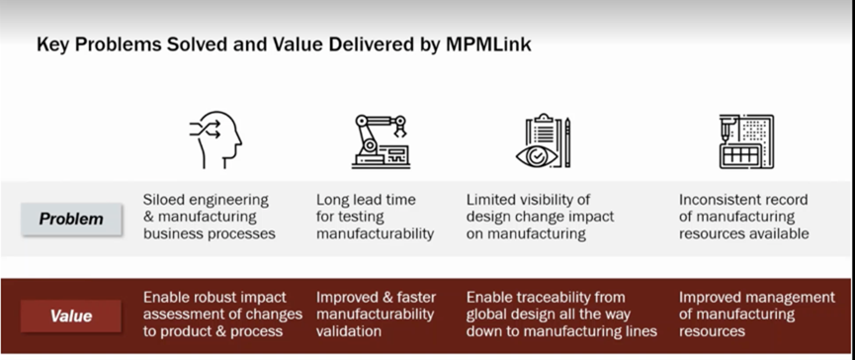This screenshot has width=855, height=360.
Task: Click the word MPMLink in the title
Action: click(x=488, y=45)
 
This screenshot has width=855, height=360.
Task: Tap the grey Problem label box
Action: click(x=71, y=219)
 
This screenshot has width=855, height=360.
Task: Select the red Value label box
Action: click(x=71, y=315)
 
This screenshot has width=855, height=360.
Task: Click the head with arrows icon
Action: click(x=215, y=140)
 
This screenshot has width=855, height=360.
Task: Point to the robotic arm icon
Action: click(x=381, y=141)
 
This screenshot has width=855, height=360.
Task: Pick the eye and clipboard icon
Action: click(x=543, y=140)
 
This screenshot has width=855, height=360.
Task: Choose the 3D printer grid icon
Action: click(x=746, y=141)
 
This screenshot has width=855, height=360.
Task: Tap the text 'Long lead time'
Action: click(x=366, y=200)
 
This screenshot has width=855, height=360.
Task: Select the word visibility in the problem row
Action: click(x=548, y=200)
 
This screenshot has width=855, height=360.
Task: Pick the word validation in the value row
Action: click(x=349, y=331)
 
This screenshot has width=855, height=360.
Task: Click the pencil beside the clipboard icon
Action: click(x=567, y=141)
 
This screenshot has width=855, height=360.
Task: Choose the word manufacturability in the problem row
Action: click(x=376, y=234)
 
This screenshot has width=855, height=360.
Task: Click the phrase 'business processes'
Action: click(x=209, y=234)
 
